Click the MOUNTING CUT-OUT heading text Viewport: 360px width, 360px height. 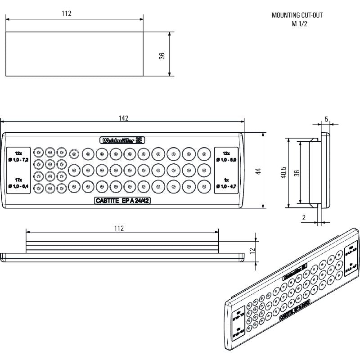point(297,15)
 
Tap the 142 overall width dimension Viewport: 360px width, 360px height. point(124,118)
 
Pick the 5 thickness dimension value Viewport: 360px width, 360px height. point(326,121)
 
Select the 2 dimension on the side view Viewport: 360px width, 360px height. point(304,218)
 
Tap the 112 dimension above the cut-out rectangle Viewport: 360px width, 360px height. point(67,13)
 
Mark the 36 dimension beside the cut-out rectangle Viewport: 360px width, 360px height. point(162,55)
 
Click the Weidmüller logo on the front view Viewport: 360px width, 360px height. point(123,140)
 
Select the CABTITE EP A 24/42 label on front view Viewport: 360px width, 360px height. point(123,201)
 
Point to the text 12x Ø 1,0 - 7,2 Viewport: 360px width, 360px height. point(18,157)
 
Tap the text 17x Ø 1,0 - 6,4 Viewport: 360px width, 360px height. point(18,183)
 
